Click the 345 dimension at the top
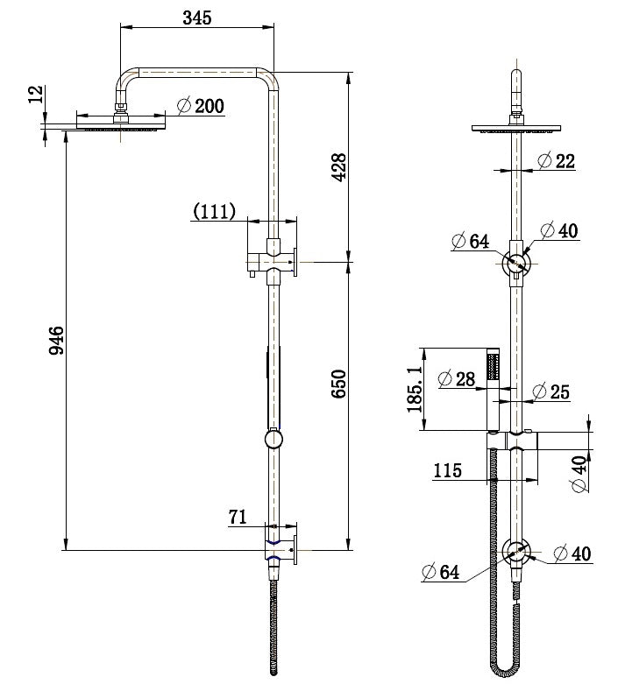tap(197, 18)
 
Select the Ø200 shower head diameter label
tap(201, 106)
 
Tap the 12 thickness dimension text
tap(36, 95)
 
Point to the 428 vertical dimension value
tap(339, 166)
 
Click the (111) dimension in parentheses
tap(215, 210)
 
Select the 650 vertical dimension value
tap(339, 384)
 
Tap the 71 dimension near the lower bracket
tap(238, 517)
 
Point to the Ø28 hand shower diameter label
tap(455, 378)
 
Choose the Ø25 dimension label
tap(551, 391)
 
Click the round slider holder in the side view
tap(273, 438)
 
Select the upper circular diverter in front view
tap(517, 262)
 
